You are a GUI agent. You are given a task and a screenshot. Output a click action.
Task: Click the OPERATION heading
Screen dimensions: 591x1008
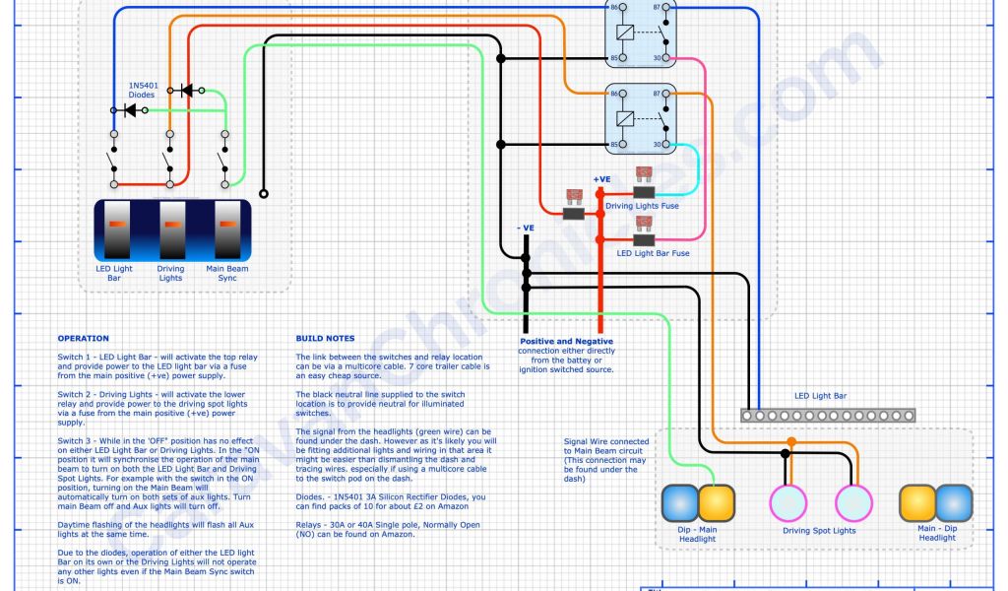point(83,338)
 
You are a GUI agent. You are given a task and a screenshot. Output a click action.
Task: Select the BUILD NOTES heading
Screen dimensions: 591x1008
point(321,338)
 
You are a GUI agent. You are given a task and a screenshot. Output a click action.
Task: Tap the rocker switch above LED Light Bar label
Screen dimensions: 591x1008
point(115,230)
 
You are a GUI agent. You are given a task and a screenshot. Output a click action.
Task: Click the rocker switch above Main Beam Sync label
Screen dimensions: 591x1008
point(226,230)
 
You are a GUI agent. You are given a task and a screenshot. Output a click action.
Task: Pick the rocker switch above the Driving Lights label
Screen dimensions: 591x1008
point(171,230)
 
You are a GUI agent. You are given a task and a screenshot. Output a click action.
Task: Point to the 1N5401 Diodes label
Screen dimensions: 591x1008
point(141,90)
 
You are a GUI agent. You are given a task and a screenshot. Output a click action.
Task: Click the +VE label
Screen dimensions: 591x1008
point(602,179)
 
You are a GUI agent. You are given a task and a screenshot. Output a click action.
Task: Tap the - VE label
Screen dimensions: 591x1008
point(526,228)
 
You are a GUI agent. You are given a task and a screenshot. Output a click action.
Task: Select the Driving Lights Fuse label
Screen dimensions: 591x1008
point(642,206)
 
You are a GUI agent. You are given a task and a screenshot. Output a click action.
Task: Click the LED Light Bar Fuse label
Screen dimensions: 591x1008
point(653,253)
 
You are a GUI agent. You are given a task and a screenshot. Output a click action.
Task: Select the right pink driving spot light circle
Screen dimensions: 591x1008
point(853,502)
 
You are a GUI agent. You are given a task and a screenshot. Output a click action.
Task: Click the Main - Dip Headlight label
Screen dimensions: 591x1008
point(937,533)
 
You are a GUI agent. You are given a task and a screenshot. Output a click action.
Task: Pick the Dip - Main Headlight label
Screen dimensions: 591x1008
point(697,533)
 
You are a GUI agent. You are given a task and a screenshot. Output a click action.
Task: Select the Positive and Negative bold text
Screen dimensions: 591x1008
point(566,342)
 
